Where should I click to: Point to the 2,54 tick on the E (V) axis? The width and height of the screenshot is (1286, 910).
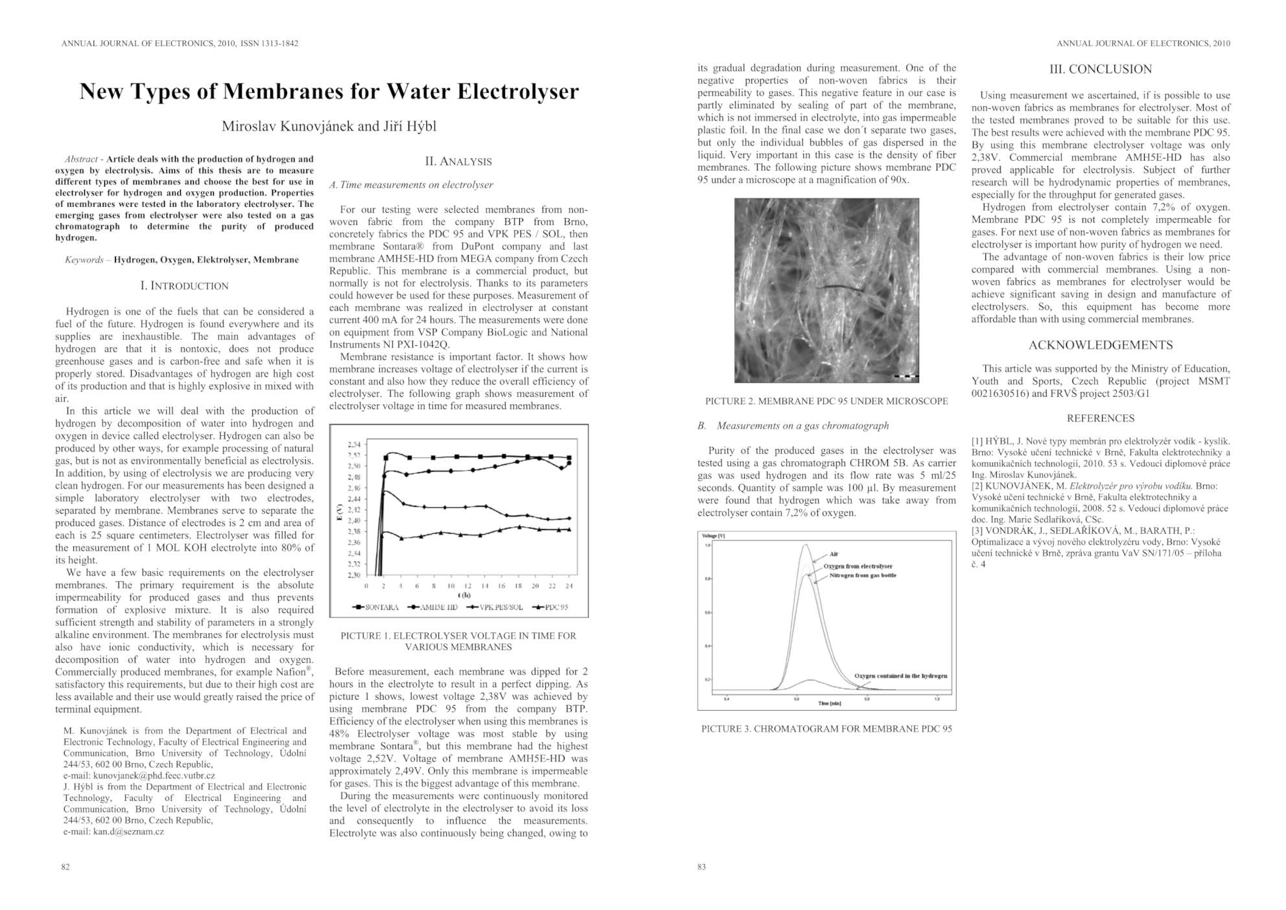[354, 444]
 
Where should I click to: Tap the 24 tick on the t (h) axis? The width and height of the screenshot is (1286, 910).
[569, 586]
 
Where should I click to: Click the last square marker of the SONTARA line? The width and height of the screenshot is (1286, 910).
[569, 458]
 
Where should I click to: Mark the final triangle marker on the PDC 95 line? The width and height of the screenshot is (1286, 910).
[569, 529]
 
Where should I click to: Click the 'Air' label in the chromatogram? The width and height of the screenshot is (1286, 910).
[834, 554]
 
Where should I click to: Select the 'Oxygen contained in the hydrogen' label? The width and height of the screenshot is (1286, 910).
[900, 675]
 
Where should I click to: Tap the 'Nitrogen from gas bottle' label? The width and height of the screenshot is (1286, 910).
[863, 575]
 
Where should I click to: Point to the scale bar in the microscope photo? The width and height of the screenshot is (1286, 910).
[906, 376]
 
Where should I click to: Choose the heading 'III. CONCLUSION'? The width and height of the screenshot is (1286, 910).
[1100, 69]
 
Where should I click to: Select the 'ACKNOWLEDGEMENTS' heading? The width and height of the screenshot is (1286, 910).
[1100, 345]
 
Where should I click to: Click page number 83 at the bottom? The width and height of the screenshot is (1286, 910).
[701, 867]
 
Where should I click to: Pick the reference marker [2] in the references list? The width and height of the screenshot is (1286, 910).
[977, 486]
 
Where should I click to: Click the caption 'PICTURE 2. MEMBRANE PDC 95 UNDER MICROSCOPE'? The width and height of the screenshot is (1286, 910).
[826, 401]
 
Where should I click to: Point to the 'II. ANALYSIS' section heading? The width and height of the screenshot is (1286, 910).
[458, 162]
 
